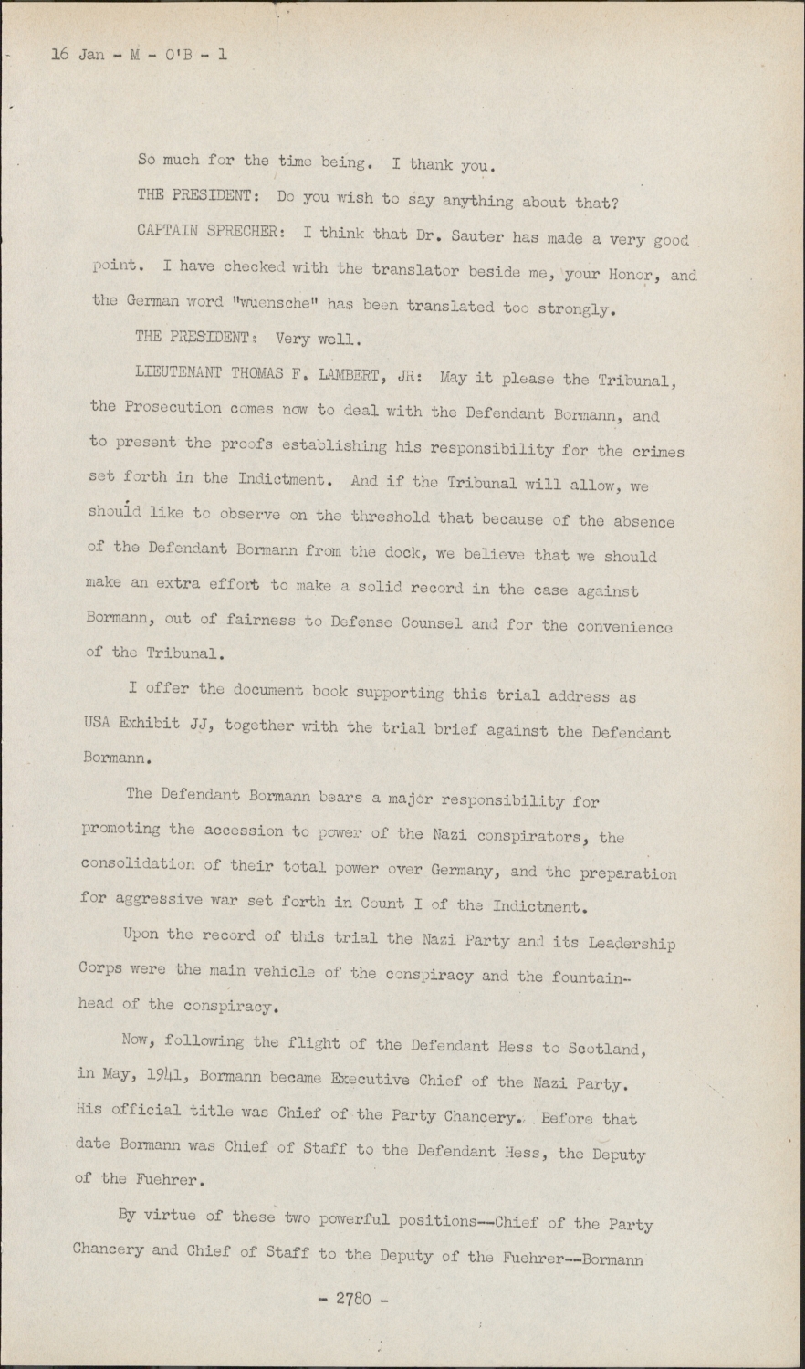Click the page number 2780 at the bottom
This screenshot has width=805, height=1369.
pos(356,1299)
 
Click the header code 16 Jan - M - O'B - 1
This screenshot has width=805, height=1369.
pos(140,55)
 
